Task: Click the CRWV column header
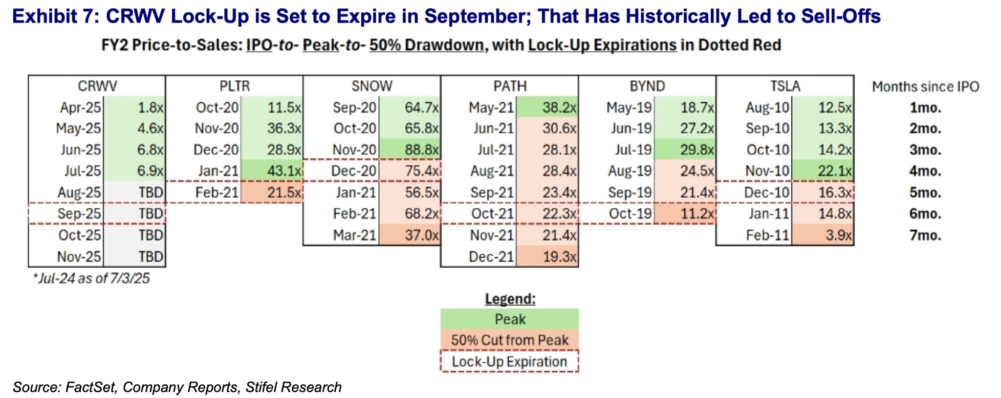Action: coord(97,86)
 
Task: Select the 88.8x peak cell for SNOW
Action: coord(410,149)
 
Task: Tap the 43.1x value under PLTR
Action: coord(272,171)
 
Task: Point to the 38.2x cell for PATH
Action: coord(547,107)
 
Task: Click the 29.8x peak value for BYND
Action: coord(685,149)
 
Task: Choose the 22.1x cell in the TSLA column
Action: coord(823,171)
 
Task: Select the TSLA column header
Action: coord(785,86)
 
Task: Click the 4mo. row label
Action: coord(925,171)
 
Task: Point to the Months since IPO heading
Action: coord(926,87)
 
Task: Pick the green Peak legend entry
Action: coord(510,319)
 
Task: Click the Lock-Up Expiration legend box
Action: coord(510,361)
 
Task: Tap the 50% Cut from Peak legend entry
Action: coord(510,340)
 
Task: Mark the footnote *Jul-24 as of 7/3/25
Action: coord(91,278)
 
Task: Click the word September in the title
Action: coord(474,16)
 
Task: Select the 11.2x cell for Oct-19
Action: coord(685,214)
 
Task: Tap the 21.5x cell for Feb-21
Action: coord(272,192)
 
